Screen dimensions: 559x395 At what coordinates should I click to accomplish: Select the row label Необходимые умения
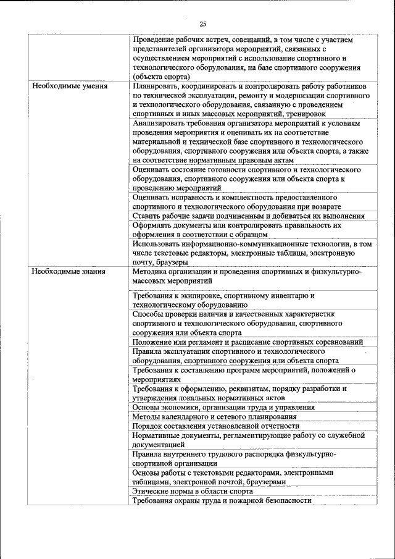pyautogui.click(x=70, y=86)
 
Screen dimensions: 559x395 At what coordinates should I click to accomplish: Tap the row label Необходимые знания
pyautogui.click(x=69, y=271)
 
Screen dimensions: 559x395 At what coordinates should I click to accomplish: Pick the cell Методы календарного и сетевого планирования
pyautogui.click(x=214, y=416)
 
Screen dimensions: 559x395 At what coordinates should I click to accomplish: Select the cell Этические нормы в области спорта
pyautogui.click(x=193, y=491)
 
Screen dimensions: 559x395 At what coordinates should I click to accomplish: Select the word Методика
pyautogui.click(x=150, y=271)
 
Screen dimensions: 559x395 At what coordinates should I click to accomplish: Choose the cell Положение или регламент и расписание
pyautogui.click(x=247, y=342)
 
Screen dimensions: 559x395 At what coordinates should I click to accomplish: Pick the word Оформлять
pyautogui.click(x=153, y=225)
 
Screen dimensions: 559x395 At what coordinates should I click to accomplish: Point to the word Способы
pyautogui.click(x=148, y=314)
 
